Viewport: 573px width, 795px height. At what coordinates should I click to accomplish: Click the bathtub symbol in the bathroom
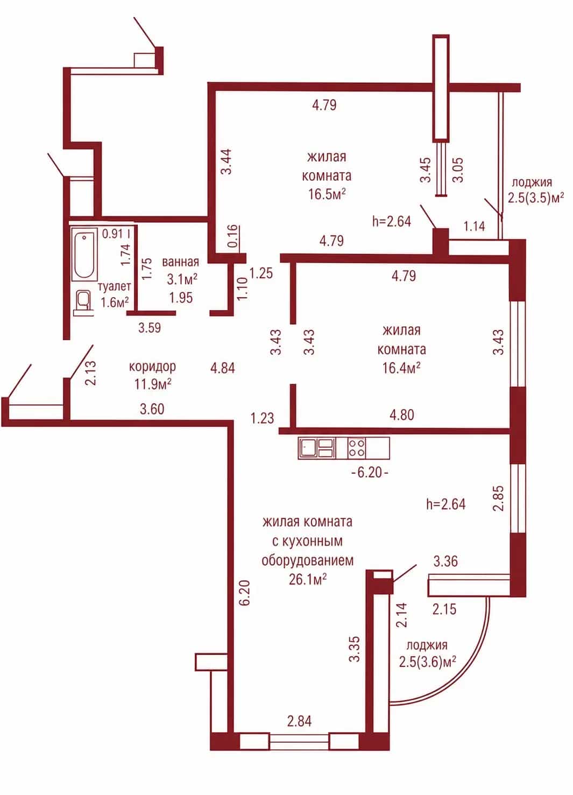coord(84,254)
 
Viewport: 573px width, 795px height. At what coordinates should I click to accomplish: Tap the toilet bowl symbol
coord(83,303)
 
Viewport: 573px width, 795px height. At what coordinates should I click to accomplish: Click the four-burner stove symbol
coord(357,448)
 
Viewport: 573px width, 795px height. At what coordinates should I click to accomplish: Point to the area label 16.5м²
coord(327,194)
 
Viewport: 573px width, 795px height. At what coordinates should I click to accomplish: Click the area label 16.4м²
coord(401,368)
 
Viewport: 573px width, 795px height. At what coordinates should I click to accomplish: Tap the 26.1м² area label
coord(308,580)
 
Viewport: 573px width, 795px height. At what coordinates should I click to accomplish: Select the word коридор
coord(152,366)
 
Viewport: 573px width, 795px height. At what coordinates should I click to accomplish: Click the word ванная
coord(180,262)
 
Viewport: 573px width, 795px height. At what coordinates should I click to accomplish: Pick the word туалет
coord(114,286)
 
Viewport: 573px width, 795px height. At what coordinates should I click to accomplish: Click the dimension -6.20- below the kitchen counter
coord(370,473)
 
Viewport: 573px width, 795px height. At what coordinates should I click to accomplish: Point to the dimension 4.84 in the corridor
coord(222,368)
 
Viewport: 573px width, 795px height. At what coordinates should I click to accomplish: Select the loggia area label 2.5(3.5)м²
coord(536,198)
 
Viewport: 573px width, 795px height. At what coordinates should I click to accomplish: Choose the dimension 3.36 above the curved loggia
coord(445,561)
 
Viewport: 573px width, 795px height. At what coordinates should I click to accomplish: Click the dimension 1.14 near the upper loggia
coord(475,226)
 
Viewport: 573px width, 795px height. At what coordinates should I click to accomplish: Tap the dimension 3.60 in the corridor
coord(152,409)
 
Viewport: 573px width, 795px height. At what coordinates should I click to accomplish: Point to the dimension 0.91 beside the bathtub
coord(112,234)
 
